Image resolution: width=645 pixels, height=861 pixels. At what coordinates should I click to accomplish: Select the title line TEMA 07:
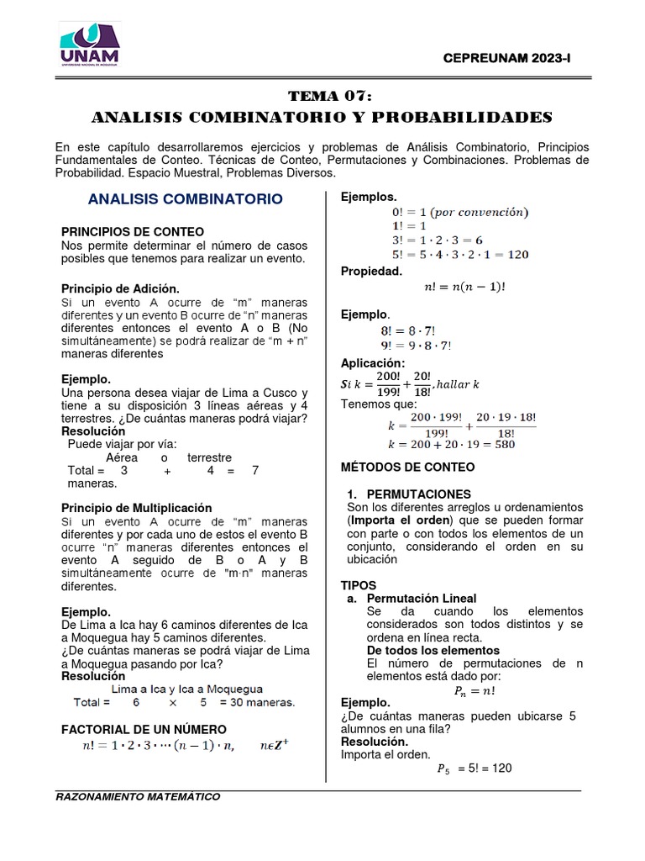click(322, 96)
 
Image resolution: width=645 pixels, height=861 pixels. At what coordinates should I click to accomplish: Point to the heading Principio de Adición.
click(121, 288)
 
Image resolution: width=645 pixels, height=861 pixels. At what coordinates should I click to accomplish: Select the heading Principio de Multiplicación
click(137, 508)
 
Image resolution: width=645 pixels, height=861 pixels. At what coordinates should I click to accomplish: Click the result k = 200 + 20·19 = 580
click(451, 444)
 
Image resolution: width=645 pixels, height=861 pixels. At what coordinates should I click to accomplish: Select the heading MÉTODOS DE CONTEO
click(407, 467)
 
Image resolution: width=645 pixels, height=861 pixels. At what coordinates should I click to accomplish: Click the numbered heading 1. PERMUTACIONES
click(409, 494)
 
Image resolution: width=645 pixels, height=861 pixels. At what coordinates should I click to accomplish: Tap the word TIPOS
click(359, 584)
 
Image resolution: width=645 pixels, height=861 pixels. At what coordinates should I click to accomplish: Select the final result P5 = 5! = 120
click(475, 768)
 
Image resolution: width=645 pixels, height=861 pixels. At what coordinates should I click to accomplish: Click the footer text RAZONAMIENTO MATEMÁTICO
click(138, 796)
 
